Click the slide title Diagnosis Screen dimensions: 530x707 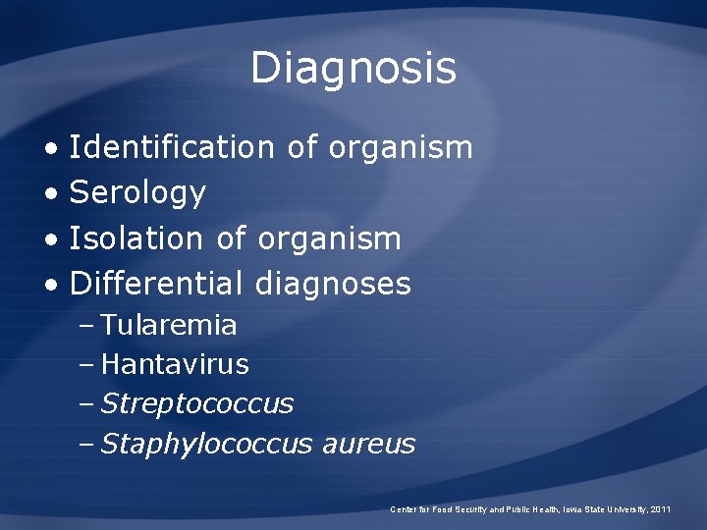[353, 69]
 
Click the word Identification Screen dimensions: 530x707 [172, 147]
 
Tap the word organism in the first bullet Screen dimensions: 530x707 [401, 147]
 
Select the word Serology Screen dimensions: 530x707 [137, 193]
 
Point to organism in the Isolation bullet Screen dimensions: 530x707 [329, 238]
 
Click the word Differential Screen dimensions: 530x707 [156, 284]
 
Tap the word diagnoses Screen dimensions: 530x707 [333, 284]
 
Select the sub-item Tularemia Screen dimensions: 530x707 [169, 324]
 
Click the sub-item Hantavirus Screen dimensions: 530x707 [175, 364]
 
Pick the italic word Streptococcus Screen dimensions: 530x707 [197, 403]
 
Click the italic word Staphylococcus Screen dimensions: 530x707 [206, 444]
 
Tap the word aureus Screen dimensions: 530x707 [368, 444]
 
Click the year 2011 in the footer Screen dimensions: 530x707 [662, 509]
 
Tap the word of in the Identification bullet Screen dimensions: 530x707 [301, 147]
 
